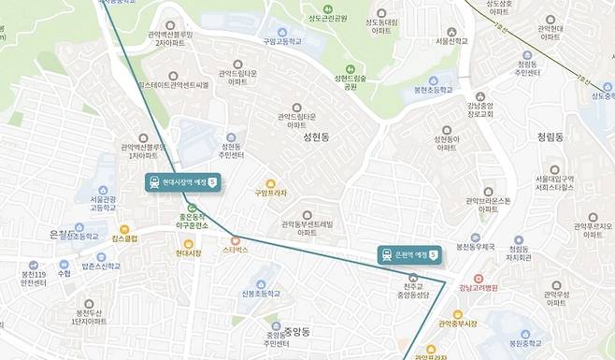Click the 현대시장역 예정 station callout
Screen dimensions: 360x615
point(182,181)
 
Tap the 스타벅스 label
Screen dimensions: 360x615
point(235,250)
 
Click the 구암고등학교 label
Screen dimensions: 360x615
point(282,41)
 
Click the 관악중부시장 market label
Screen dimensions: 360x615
point(458,324)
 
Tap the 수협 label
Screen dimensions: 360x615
point(64,274)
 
